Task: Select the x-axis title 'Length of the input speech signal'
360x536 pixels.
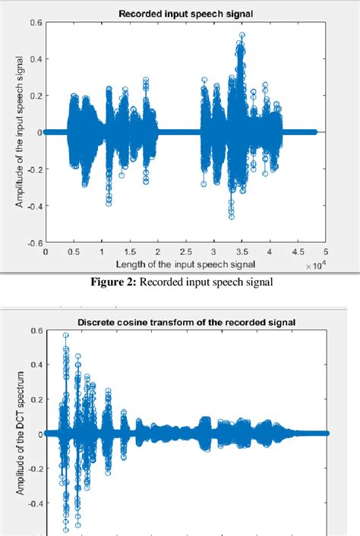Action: [182, 263]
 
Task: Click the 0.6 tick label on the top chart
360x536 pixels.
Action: [36, 23]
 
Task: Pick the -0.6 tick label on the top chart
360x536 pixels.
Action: [34, 243]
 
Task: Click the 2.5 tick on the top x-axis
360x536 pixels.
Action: [185, 252]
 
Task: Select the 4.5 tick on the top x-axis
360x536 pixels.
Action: [297, 252]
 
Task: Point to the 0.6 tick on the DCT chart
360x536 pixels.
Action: [36, 331]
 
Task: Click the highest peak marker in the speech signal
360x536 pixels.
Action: [242, 35]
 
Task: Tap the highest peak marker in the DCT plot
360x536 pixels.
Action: [66, 336]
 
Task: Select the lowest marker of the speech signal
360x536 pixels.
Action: [232, 217]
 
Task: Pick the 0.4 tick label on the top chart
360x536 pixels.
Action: [36, 59]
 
